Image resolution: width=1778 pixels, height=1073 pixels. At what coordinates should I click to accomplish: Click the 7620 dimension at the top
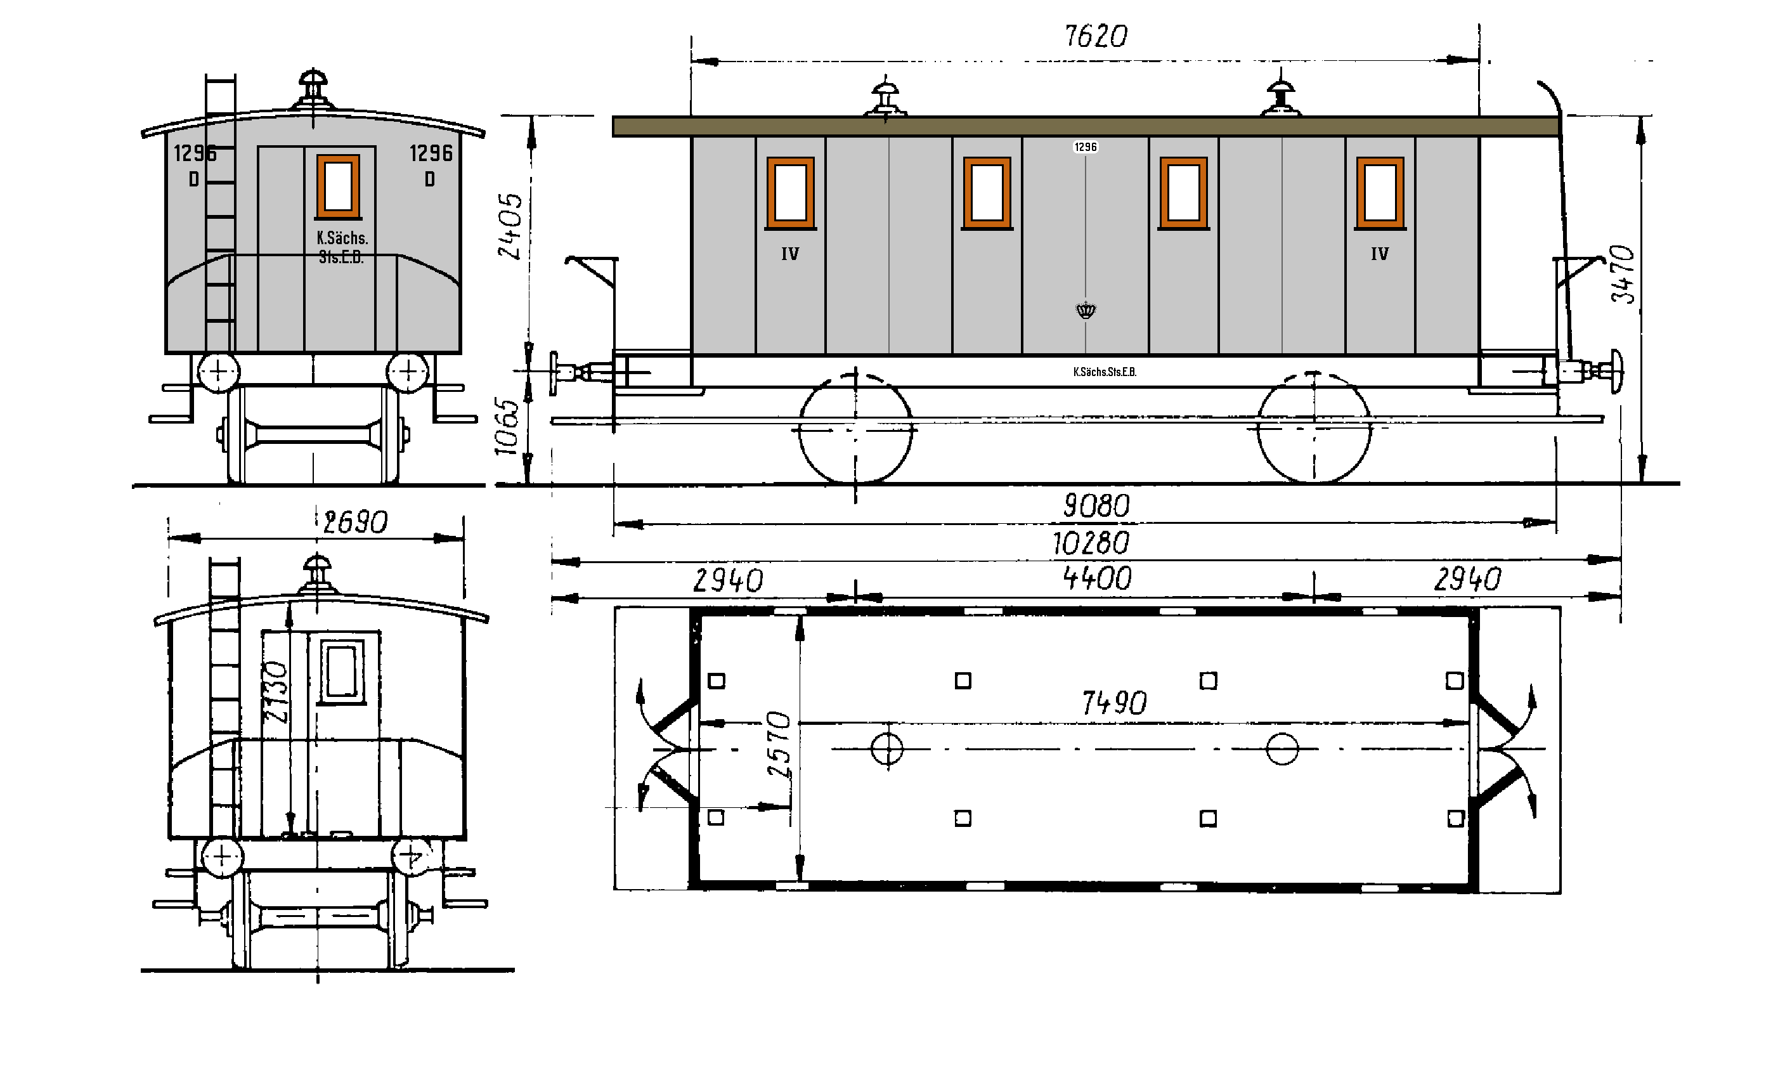tap(1095, 36)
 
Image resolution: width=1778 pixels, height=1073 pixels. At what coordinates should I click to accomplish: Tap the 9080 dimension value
tap(1096, 506)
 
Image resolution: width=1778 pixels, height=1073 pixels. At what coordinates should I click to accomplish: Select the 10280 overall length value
tap(1090, 543)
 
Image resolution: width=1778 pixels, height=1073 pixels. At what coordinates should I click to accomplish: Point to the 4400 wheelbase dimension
tap(1098, 578)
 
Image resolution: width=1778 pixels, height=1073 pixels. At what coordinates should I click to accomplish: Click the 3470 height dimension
tap(1622, 273)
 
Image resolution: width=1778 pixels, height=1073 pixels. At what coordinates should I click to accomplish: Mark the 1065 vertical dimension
tap(507, 426)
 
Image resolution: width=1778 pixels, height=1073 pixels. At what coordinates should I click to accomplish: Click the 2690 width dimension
tap(355, 523)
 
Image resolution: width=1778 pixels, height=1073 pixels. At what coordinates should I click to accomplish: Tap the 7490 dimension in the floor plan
tap(1114, 703)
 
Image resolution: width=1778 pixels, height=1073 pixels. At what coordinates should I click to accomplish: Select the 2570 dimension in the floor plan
tap(779, 744)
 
